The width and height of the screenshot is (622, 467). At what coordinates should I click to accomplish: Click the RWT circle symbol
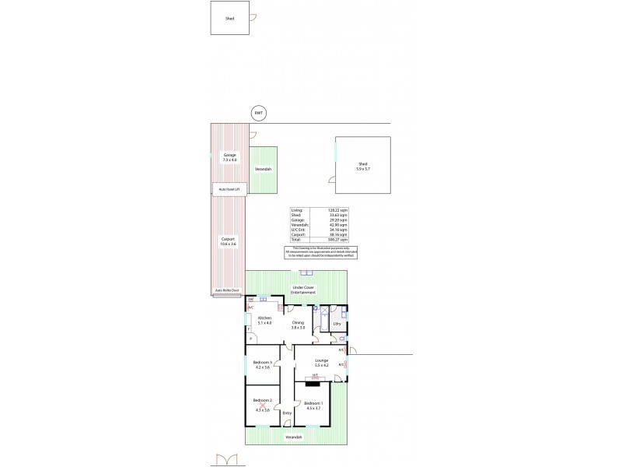coord(259,113)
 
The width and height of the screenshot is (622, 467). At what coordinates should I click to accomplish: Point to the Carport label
coord(229,241)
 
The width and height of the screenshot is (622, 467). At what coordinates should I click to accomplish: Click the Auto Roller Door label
coord(227,290)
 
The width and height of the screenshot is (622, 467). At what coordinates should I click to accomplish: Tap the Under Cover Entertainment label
coord(303,290)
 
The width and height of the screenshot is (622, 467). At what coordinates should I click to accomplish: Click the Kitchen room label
coord(264,320)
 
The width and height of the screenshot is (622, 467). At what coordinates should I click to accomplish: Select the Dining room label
coord(298,325)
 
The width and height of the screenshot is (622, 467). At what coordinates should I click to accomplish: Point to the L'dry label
coord(337,324)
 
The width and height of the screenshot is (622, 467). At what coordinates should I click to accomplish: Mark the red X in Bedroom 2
coord(263,404)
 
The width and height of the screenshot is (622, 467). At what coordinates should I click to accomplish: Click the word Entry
coord(287,413)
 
